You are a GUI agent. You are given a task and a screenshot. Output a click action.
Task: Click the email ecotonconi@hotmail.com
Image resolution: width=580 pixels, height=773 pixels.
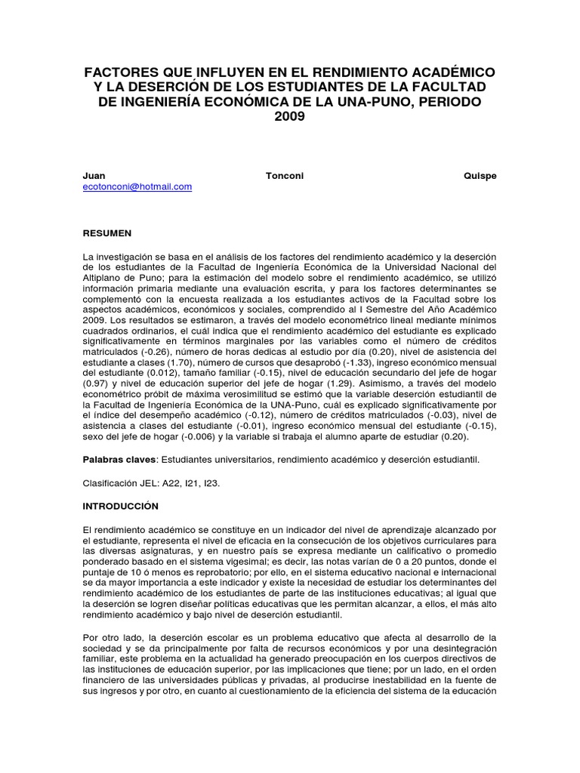click(x=137, y=186)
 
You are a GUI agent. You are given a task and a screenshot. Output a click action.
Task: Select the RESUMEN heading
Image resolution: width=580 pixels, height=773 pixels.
click(x=107, y=233)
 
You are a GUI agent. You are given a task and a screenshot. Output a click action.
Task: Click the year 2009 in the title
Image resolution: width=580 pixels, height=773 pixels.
click(x=290, y=117)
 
